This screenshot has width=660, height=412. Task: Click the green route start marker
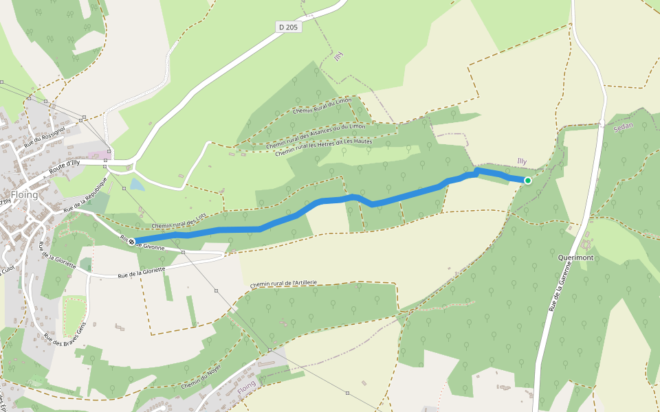pyautogui.click(x=528, y=181)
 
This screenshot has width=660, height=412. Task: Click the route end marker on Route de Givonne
pyautogui.click(x=131, y=242)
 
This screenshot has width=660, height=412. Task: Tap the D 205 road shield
pyautogui.click(x=289, y=27)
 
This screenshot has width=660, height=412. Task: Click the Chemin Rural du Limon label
pyautogui.click(x=322, y=106)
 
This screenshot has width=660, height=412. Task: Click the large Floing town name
pyautogui.click(x=24, y=194)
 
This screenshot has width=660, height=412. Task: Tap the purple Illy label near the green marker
pyautogui.click(x=522, y=161)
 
